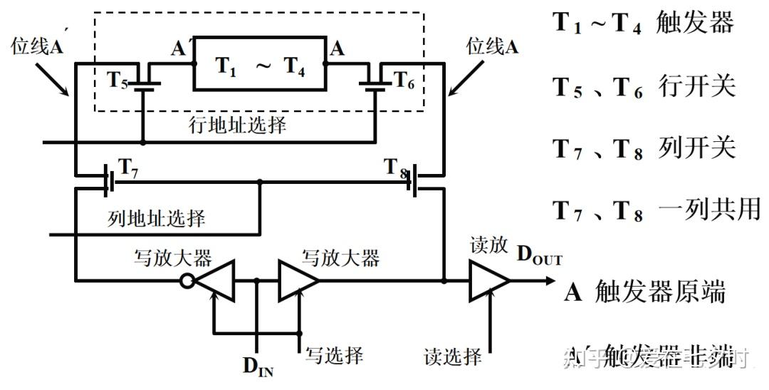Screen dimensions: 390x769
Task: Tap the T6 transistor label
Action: click(x=403, y=80)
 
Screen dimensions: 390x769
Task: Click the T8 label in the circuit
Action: click(x=396, y=169)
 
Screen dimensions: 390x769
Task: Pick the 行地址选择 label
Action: click(x=237, y=125)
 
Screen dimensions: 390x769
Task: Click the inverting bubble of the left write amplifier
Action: click(x=187, y=281)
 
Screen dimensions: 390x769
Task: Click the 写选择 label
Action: click(x=335, y=354)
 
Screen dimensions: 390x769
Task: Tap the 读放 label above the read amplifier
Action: click(x=488, y=246)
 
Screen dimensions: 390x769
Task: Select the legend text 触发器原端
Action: click(x=659, y=292)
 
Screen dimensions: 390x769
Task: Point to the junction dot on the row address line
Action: click(x=143, y=142)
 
